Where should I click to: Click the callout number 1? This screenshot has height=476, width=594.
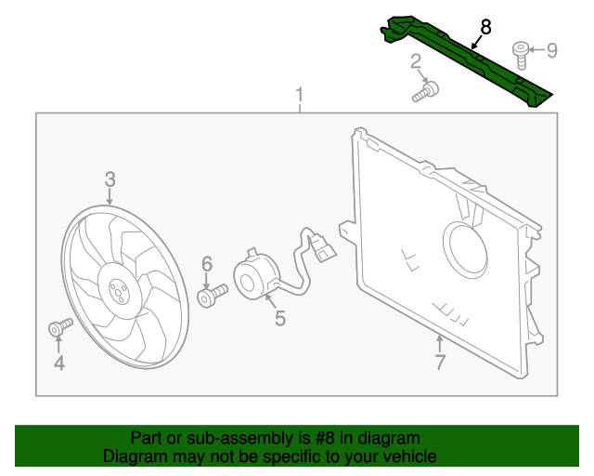(300, 95)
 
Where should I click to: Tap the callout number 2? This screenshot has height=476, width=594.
(417, 63)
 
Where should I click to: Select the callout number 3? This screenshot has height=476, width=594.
(110, 178)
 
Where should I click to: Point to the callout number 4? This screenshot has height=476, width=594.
(58, 363)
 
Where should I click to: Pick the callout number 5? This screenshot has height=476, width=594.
(279, 319)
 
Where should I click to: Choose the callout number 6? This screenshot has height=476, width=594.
(207, 264)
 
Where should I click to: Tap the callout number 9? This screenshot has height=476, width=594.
(551, 50)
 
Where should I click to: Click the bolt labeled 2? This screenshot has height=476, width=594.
(428, 91)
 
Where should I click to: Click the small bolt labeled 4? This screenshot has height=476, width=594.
(59, 326)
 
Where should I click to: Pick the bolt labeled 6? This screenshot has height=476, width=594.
(212, 297)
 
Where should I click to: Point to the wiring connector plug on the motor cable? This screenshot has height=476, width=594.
(322, 249)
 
